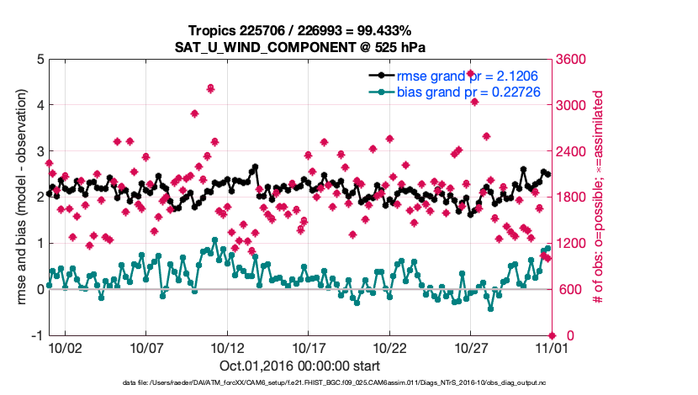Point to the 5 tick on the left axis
coord(40,60)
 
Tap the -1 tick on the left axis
coord(38,335)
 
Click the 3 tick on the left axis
coord(40,151)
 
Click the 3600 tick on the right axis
coord(571,60)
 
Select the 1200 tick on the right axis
coord(571,244)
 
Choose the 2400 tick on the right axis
coord(571,151)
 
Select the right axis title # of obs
coord(599,197)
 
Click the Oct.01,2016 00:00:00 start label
coord(299,366)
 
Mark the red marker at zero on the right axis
coord(552,335)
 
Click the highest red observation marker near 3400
coord(471,74)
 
